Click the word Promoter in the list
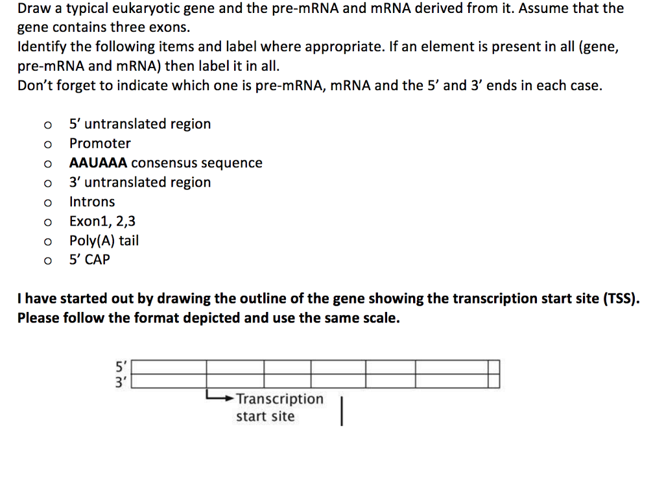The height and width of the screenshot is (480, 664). point(100,143)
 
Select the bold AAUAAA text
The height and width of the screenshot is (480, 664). point(98,163)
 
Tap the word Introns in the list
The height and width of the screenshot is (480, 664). point(92,202)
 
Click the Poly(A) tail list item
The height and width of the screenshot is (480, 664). point(104,241)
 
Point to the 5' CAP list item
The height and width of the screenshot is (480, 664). point(89,259)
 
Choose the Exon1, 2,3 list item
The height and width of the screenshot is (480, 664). point(102,221)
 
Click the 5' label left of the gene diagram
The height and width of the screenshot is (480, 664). point(121,368)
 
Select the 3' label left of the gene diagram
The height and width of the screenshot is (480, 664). point(121,381)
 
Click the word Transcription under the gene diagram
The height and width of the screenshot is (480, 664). point(279,399)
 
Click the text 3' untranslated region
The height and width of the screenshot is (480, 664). point(140,182)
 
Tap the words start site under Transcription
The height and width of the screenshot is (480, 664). point(265,416)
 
